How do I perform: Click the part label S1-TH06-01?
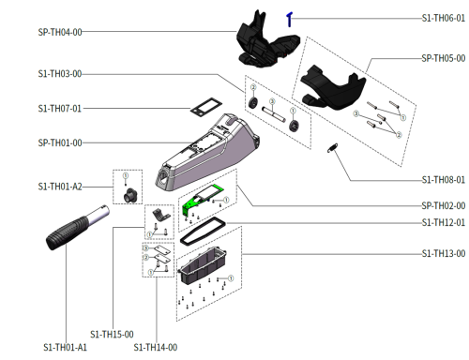click(443, 18)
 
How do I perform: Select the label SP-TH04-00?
click(60, 32)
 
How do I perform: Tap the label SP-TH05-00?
click(443, 58)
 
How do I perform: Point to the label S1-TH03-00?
click(60, 74)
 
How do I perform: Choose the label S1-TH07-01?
click(60, 109)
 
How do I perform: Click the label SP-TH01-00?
click(60, 142)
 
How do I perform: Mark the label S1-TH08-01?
click(443, 179)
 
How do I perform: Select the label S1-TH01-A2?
click(60, 187)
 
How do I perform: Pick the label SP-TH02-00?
click(443, 205)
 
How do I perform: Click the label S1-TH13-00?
click(443, 253)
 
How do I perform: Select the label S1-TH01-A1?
click(63, 348)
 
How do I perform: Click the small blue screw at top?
click(291, 18)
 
